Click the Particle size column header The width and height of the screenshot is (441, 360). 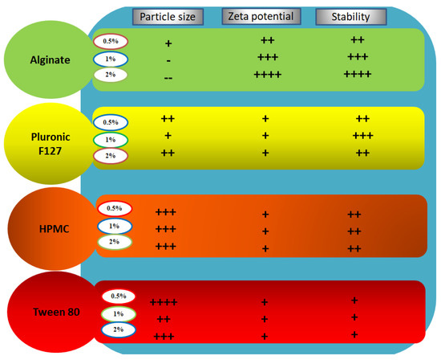167,16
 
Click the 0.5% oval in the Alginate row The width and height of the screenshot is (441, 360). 110,40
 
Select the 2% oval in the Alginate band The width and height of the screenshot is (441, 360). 110,75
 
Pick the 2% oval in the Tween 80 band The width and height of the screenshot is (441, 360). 113,329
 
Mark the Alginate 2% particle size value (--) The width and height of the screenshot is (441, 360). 168,76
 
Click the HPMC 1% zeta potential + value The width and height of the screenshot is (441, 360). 265,231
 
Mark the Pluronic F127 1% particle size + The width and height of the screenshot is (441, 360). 168,136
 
